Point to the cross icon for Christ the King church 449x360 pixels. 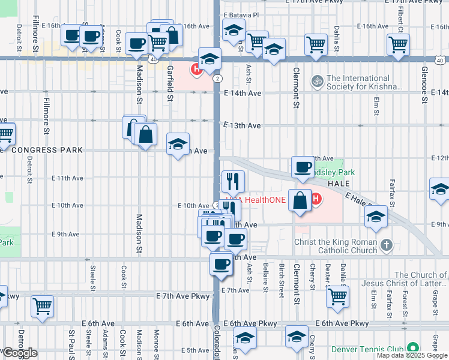pyautogui.click(x=387, y=244)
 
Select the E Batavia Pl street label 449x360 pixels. pyautogui.click(x=241, y=15)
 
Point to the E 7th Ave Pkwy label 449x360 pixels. pyautogui.click(x=183, y=296)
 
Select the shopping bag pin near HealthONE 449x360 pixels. pyautogui.click(x=300, y=200)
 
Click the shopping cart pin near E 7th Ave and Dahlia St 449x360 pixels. pyautogui.click(x=338, y=295)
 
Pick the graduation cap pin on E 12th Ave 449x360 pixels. pyautogui.click(x=178, y=144)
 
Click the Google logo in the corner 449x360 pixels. pyautogui.click(x=20, y=353)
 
